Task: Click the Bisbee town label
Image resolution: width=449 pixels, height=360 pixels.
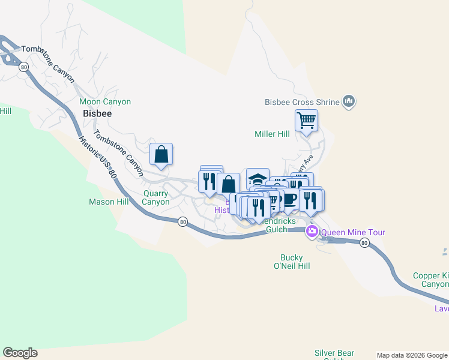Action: (x=97, y=113)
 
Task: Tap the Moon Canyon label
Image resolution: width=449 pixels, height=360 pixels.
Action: (x=105, y=102)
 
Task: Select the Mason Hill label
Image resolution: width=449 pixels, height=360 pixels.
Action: (x=109, y=202)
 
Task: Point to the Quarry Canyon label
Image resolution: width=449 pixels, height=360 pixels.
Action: (x=156, y=197)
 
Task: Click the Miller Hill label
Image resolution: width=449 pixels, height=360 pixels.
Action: (x=272, y=134)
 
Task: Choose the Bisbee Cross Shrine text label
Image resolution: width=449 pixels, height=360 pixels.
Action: (x=302, y=102)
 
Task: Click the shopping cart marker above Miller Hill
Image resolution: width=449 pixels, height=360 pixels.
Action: (x=306, y=120)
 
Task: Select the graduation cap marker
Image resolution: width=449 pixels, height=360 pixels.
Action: (x=258, y=179)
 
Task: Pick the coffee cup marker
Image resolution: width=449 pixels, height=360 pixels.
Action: (x=290, y=199)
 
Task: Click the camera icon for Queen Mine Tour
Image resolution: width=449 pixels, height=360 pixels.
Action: (x=312, y=232)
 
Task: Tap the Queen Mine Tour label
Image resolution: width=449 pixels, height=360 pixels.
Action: (x=353, y=232)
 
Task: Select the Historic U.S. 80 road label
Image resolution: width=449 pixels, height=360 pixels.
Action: (x=97, y=157)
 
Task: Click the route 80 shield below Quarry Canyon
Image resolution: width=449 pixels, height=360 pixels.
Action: (x=182, y=221)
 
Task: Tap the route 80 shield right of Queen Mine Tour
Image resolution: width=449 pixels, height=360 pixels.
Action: (x=364, y=242)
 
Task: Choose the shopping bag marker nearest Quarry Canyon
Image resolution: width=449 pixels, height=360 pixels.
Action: (x=161, y=154)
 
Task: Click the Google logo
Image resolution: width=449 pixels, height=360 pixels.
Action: (x=20, y=353)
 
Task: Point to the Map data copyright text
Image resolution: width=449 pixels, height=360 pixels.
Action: (x=411, y=355)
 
